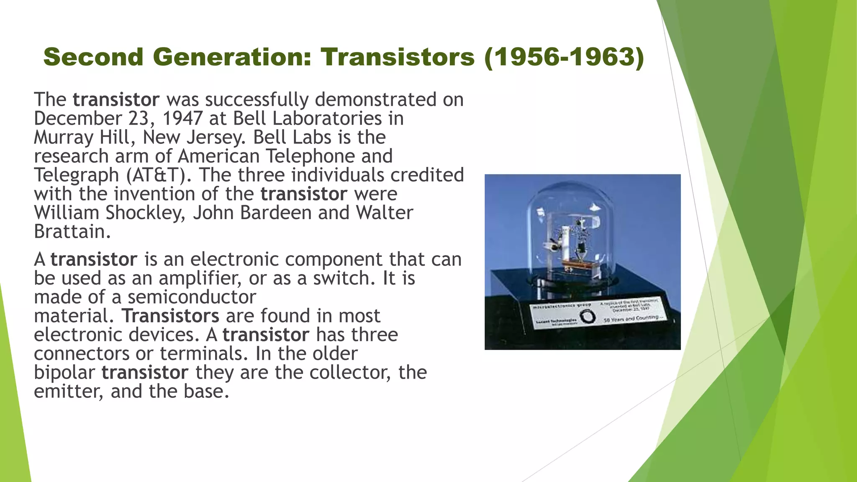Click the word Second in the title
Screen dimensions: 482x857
click(x=93, y=57)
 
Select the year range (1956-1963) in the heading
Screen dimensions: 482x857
click(x=564, y=57)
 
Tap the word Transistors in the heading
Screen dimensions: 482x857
click(x=398, y=57)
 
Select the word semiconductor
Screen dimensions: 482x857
click(x=192, y=297)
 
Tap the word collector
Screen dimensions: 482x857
click(x=350, y=372)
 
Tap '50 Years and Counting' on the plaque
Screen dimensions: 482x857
click(x=633, y=318)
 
